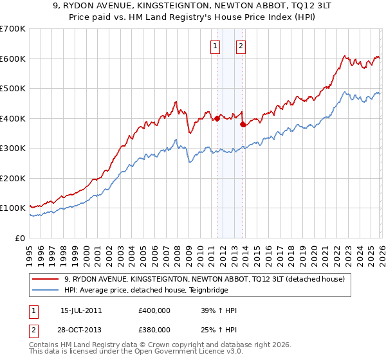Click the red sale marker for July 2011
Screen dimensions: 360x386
(217, 118)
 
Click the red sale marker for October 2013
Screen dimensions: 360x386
(243, 125)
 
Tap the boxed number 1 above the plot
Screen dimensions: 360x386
(214, 46)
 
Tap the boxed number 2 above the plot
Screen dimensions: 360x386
(241, 46)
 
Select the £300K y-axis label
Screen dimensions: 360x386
(13, 148)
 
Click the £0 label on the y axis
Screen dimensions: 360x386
(19, 238)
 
